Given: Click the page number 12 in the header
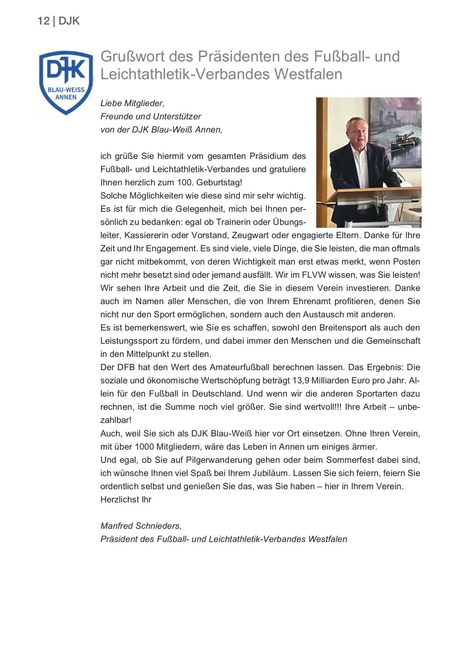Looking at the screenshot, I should click(43, 21).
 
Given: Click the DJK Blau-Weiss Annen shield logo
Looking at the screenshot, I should click(66, 82).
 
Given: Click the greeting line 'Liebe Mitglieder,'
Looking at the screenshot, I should click(132, 103).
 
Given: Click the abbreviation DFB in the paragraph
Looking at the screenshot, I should click(126, 367).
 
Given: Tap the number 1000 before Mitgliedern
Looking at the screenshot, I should click(144, 447).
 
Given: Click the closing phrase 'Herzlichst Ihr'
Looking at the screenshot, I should click(126, 500).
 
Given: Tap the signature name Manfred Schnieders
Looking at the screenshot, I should click(140, 526).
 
